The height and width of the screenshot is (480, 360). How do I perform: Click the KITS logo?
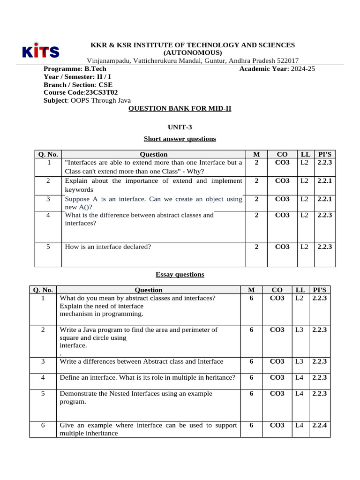point(40,51)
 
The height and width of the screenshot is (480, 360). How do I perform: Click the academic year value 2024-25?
point(303,69)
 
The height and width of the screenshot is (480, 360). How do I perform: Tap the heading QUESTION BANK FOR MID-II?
point(180,108)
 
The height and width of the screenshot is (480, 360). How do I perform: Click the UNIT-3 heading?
point(180,127)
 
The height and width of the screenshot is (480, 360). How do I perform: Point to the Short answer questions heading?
point(180,139)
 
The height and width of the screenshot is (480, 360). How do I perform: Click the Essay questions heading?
point(180,274)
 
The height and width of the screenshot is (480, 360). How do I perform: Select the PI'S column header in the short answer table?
point(324,154)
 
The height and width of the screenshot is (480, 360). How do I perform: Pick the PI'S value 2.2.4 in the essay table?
point(319,425)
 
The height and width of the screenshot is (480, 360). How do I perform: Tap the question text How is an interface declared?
point(108,247)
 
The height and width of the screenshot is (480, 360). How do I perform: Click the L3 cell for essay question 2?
point(300,330)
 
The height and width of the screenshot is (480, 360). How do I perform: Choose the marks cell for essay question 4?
point(252,377)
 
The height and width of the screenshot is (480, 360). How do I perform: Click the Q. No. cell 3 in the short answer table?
point(48,199)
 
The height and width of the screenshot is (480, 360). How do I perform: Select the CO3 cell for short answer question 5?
point(282,247)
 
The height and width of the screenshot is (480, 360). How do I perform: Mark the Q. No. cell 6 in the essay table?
point(43,425)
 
